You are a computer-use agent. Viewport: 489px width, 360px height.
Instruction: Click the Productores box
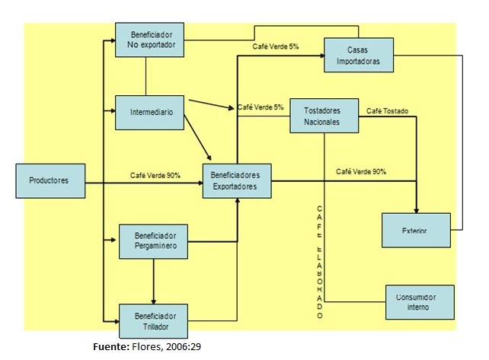(x=49, y=180)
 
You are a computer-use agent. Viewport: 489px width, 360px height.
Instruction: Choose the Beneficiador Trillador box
(x=153, y=320)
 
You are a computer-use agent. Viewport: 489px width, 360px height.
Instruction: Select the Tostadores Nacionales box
(x=325, y=115)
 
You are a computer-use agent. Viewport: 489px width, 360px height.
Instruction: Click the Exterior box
(x=414, y=230)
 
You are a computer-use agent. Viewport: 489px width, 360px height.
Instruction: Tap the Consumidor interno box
(x=418, y=302)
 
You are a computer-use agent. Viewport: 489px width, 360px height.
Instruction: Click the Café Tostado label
(x=387, y=111)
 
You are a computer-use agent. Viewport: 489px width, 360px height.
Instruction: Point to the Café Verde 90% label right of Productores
(x=155, y=176)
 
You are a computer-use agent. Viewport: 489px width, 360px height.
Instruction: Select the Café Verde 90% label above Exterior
(x=360, y=172)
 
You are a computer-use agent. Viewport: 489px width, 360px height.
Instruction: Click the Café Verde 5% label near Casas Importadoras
(x=276, y=47)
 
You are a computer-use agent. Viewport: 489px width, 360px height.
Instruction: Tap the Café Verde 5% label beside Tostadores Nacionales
(x=260, y=107)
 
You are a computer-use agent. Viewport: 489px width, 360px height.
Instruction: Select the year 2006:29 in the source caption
(x=182, y=347)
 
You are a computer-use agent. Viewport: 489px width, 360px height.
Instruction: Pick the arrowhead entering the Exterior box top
(x=417, y=209)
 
